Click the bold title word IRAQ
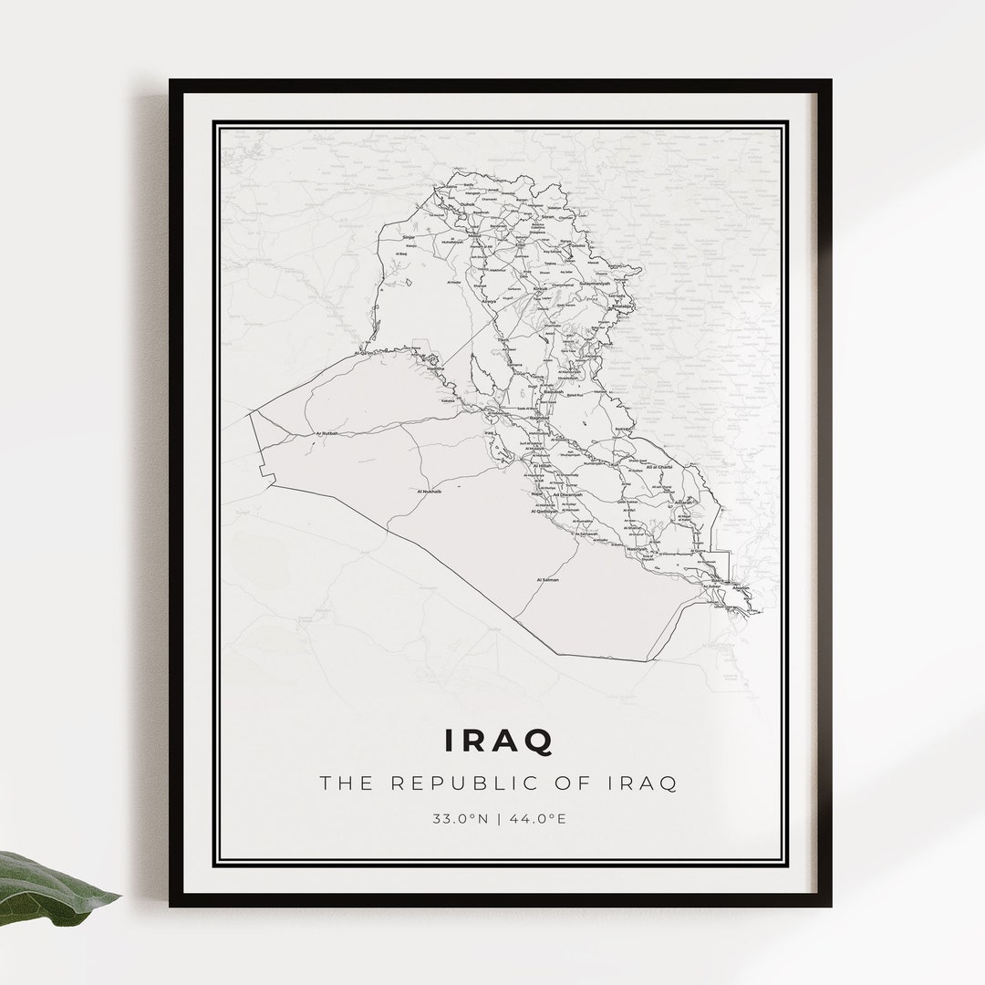coord(499,741)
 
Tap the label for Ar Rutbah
coord(326,433)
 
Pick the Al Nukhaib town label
coord(429,492)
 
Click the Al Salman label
coord(547,579)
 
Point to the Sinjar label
coord(409,237)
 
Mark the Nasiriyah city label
coord(637,549)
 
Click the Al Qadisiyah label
coord(549,512)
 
